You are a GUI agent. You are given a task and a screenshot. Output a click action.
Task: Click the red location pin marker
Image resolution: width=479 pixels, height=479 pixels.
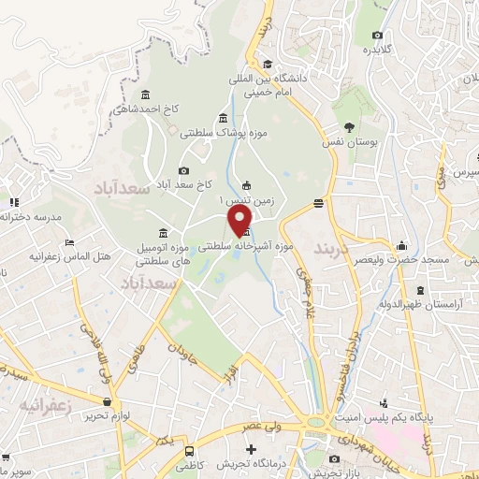(x=241, y=220)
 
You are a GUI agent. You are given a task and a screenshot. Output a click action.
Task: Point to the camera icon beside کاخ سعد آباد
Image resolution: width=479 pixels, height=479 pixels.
(x=183, y=170)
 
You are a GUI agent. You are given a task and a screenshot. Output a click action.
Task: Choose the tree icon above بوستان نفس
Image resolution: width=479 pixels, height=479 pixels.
(x=349, y=127)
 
